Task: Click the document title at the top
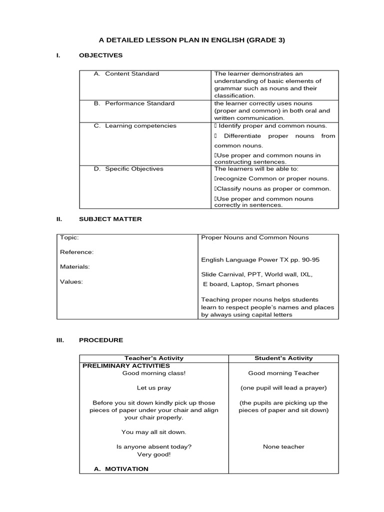tap(191, 40)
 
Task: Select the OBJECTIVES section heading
tap(100, 55)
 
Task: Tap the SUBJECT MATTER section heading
tap(110, 219)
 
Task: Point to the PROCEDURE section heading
tap(100, 340)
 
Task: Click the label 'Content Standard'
tap(131, 74)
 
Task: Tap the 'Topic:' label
tap(69, 237)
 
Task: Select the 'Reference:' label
tap(76, 252)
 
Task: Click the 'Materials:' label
tap(75, 267)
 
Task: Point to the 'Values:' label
tap(71, 281)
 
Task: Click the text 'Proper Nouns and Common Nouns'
tap(255, 237)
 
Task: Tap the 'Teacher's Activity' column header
tap(153, 358)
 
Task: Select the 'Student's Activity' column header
tap(283, 358)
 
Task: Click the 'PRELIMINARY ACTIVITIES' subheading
tap(126, 366)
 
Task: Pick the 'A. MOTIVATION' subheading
tap(121, 469)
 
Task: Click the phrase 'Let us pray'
tap(153, 388)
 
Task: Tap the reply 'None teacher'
tap(283, 447)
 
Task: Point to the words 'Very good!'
tap(153, 454)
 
